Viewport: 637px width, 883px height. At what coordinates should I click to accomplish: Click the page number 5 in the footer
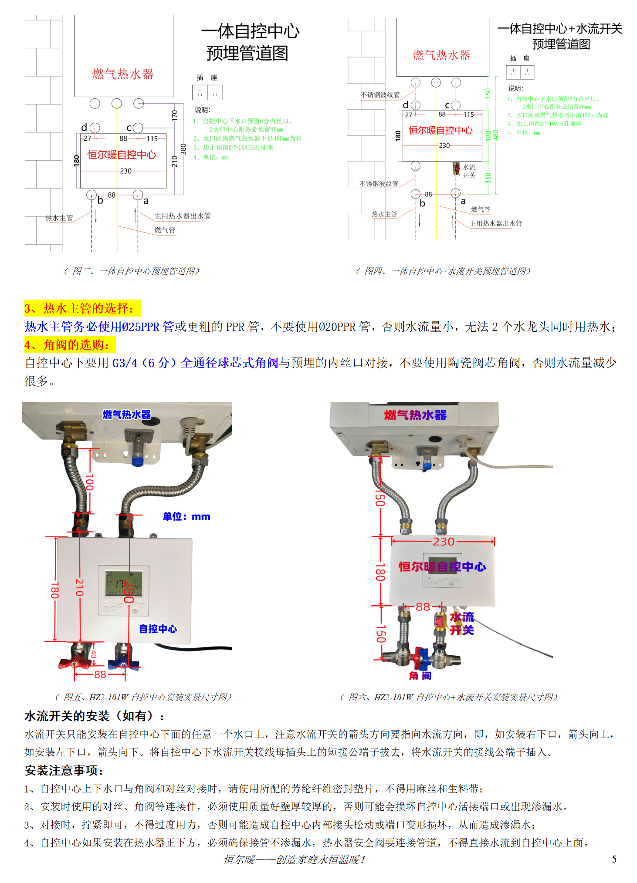(x=614, y=859)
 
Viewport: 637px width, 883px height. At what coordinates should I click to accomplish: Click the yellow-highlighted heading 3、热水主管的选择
(x=82, y=308)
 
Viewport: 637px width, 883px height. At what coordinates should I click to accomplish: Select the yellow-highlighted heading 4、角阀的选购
(x=70, y=345)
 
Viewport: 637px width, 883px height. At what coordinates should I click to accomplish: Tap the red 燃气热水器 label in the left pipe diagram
(x=122, y=74)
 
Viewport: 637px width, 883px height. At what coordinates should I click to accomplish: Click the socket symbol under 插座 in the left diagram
(x=207, y=92)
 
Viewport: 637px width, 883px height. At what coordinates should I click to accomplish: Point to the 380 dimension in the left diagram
(x=183, y=149)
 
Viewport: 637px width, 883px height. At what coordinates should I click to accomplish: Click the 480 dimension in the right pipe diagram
(x=496, y=135)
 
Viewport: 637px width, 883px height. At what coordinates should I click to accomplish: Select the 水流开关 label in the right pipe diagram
(x=469, y=171)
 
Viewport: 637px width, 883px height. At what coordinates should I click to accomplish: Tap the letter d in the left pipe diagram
(x=84, y=127)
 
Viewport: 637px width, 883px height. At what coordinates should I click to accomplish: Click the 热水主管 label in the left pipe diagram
(x=59, y=218)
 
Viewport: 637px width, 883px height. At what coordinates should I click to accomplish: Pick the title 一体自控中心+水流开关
(x=560, y=29)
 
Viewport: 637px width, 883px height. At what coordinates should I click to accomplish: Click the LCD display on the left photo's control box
(x=123, y=583)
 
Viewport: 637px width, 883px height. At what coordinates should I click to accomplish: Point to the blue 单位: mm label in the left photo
(x=186, y=516)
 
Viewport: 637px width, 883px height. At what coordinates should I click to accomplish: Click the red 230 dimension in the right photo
(x=443, y=541)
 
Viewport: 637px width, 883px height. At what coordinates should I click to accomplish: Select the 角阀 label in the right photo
(x=420, y=675)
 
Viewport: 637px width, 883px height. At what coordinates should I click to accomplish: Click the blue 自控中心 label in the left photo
(x=158, y=629)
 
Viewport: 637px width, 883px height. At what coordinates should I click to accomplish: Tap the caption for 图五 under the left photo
(x=143, y=697)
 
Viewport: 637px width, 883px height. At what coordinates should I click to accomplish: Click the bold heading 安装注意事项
(x=64, y=770)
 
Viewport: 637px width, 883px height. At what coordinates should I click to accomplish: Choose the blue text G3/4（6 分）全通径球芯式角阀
(x=195, y=363)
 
